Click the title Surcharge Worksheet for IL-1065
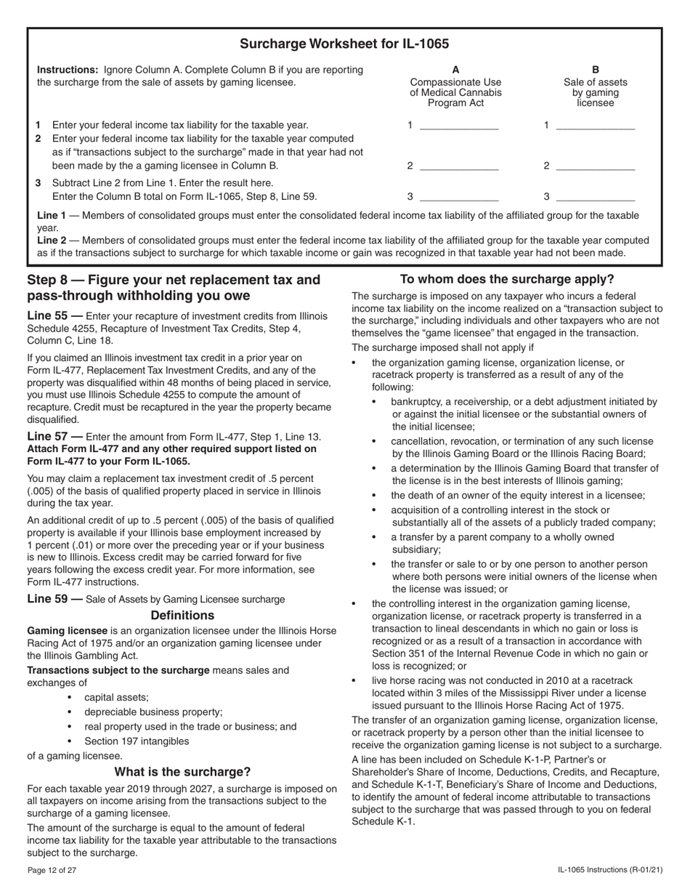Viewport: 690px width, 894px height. coord(344,44)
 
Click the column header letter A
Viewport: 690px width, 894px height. coord(455,71)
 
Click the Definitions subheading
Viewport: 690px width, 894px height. coord(182,615)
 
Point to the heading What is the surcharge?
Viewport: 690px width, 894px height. coord(182,772)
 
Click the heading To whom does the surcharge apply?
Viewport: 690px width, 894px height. coord(507,279)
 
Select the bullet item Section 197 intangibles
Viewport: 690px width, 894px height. coord(136,741)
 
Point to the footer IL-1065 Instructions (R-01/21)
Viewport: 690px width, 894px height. coord(609,871)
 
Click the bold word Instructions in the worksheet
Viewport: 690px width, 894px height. coord(68,70)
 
